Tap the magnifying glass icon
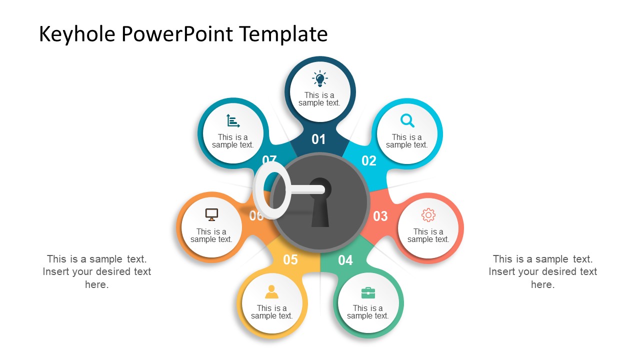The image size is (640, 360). click(407, 120)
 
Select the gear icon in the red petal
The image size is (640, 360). click(428, 215)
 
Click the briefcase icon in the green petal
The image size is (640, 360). click(368, 292)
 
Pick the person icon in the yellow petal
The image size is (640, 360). click(271, 291)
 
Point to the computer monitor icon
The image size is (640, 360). click(211, 214)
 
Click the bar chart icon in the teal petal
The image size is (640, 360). click(233, 121)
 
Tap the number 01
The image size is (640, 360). click(318, 139)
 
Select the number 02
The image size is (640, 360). click(369, 160)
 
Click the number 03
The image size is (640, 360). click(380, 216)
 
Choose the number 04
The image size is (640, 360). click(345, 260)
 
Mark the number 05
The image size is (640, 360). click(290, 259)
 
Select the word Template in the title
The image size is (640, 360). click(283, 34)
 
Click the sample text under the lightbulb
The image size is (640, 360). click(319, 99)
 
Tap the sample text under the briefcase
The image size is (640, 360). click(368, 312)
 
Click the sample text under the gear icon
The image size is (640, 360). click(428, 235)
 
